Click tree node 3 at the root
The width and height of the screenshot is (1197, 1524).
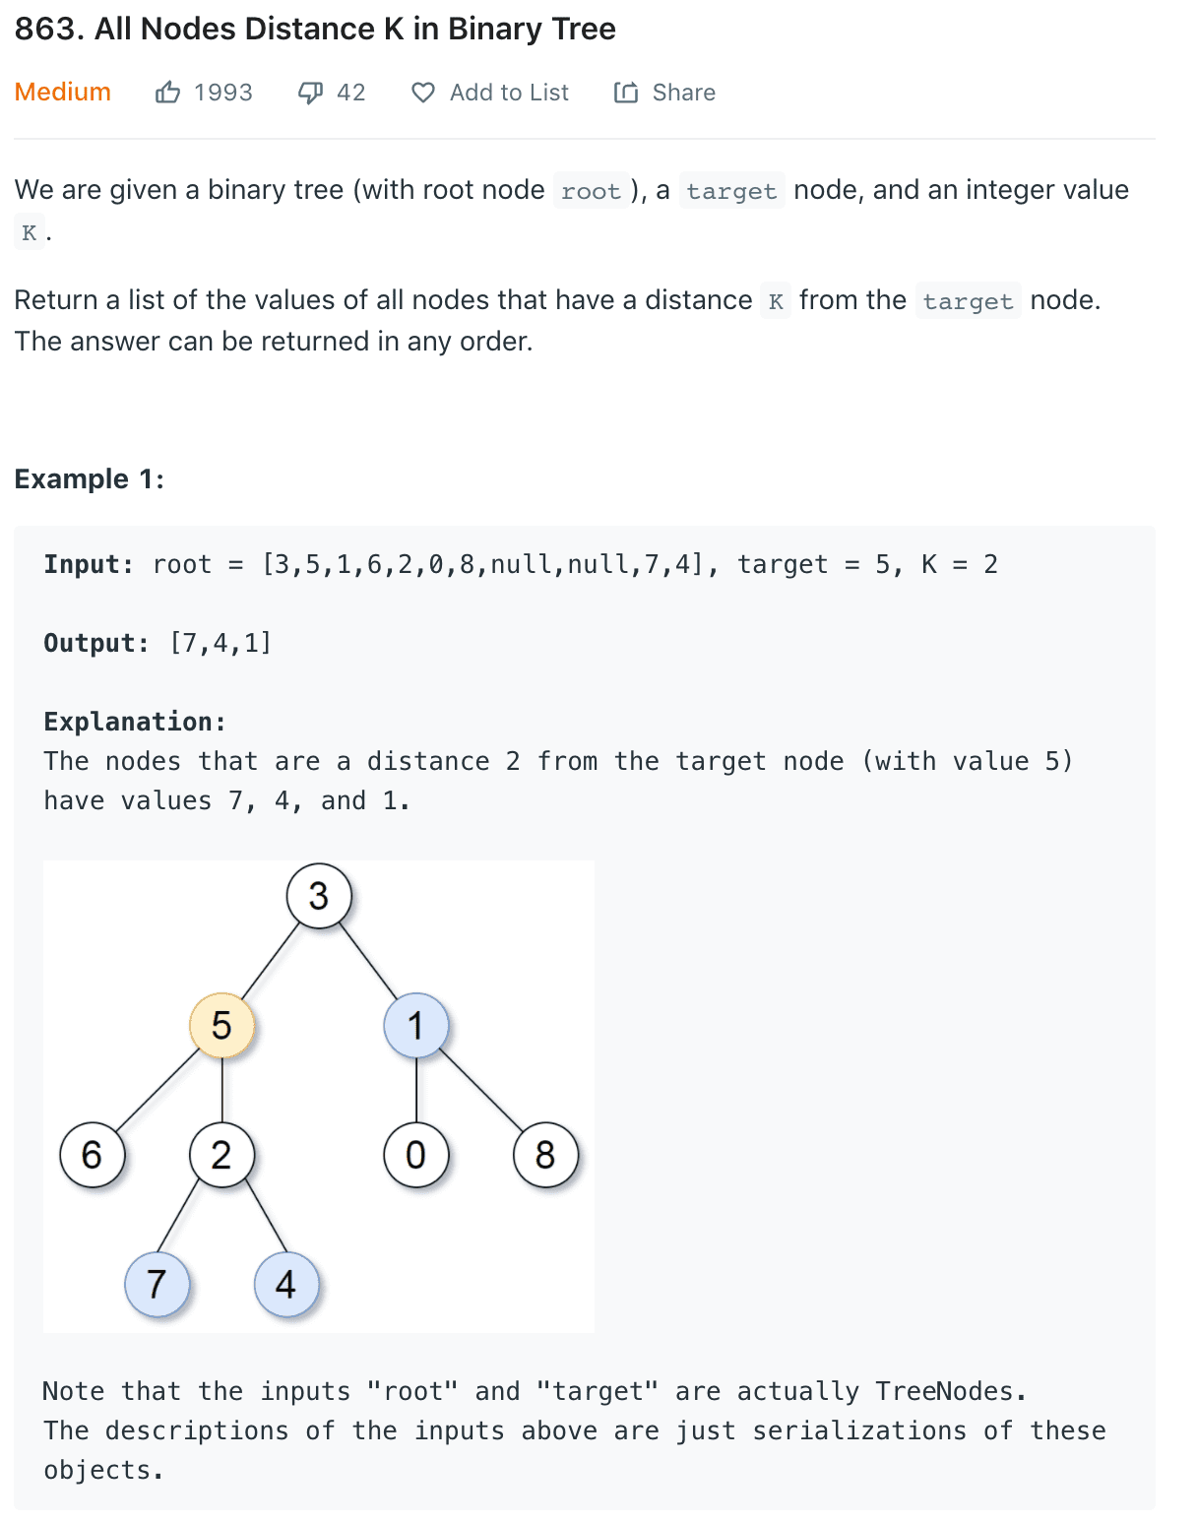click(318, 896)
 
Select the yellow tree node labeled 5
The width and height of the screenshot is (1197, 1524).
click(221, 1025)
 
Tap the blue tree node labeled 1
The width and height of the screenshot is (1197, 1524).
click(415, 1025)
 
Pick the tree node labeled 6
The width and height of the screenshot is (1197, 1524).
click(92, 1154)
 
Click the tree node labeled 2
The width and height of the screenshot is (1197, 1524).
click(221, 1154)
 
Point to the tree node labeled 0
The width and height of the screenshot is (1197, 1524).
click(415, 1154)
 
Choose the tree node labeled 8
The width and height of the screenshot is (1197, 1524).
click(544, 1154)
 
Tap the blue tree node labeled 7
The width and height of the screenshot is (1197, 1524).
click(157, 1284)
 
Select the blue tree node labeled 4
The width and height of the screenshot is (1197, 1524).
click(285, 1284)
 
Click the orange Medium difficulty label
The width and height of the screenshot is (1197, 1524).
click(62, 92)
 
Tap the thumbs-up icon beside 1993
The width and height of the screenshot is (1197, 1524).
click(168, 93)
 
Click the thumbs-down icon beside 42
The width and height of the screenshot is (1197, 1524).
click(310, 93)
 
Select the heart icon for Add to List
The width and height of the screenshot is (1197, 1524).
click(423, 93)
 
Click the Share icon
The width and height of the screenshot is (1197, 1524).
click(626, 93)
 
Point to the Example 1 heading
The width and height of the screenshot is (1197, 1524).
click(89, 478)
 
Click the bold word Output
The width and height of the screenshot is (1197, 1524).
click(94, 643)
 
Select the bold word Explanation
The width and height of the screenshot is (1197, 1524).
click(134, 722)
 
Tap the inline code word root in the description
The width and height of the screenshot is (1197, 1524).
click(591, 191)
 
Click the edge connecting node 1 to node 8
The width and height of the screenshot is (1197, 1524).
click(480, 1090)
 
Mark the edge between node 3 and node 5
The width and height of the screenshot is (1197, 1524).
click(270, 961)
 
